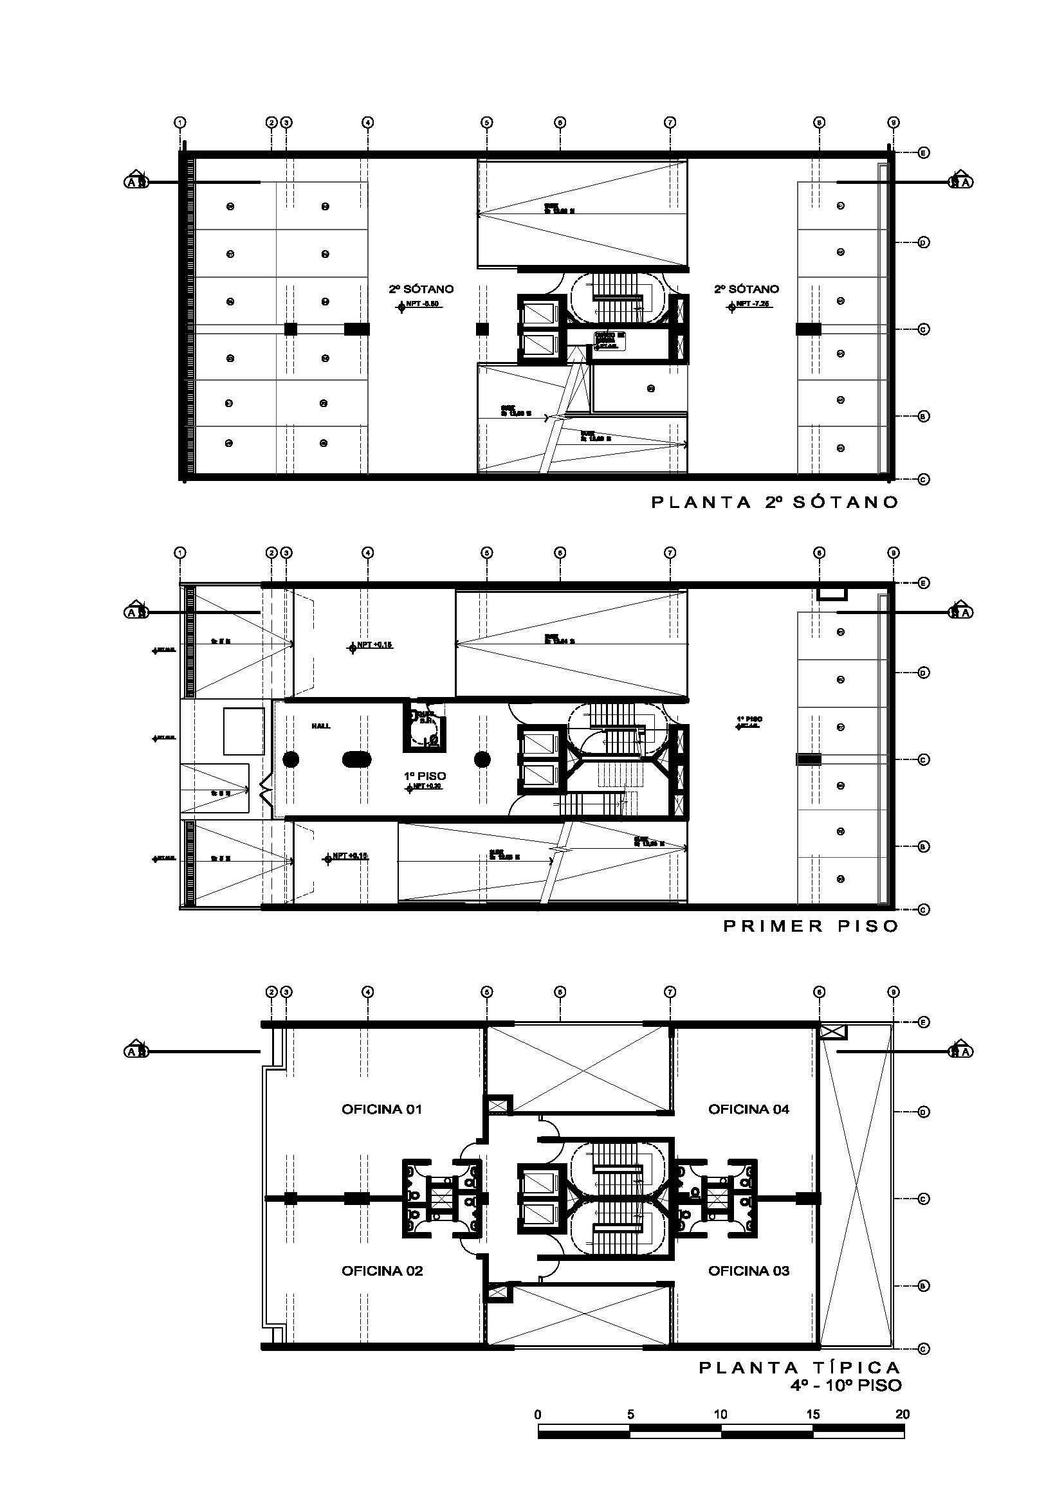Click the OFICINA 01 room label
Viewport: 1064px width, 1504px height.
click(381, 1109)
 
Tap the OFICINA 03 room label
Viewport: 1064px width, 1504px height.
click(748, 1271)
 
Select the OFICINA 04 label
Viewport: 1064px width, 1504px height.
click(748, 1109)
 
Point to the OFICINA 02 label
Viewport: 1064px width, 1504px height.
click(381, 1271)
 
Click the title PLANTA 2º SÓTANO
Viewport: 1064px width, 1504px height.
click(775, 502)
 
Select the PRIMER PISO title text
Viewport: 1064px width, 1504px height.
click(811, 926)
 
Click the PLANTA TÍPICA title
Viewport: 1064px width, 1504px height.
click(800, 1368)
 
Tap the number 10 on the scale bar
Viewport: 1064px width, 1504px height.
click(720, 1414)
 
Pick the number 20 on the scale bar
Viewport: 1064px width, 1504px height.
click(902, 1414)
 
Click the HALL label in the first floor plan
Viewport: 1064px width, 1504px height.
click(321, 726)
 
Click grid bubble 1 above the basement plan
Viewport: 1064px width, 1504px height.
click(180, 123)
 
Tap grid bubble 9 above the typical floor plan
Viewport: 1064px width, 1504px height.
click(894, 992)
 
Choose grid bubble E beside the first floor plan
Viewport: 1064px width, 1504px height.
click(923, 583)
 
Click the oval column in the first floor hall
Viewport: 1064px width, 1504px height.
click(357, 759)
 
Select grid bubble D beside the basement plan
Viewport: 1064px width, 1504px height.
click(923, 242)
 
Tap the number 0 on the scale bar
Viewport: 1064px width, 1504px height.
click(538, 1414)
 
